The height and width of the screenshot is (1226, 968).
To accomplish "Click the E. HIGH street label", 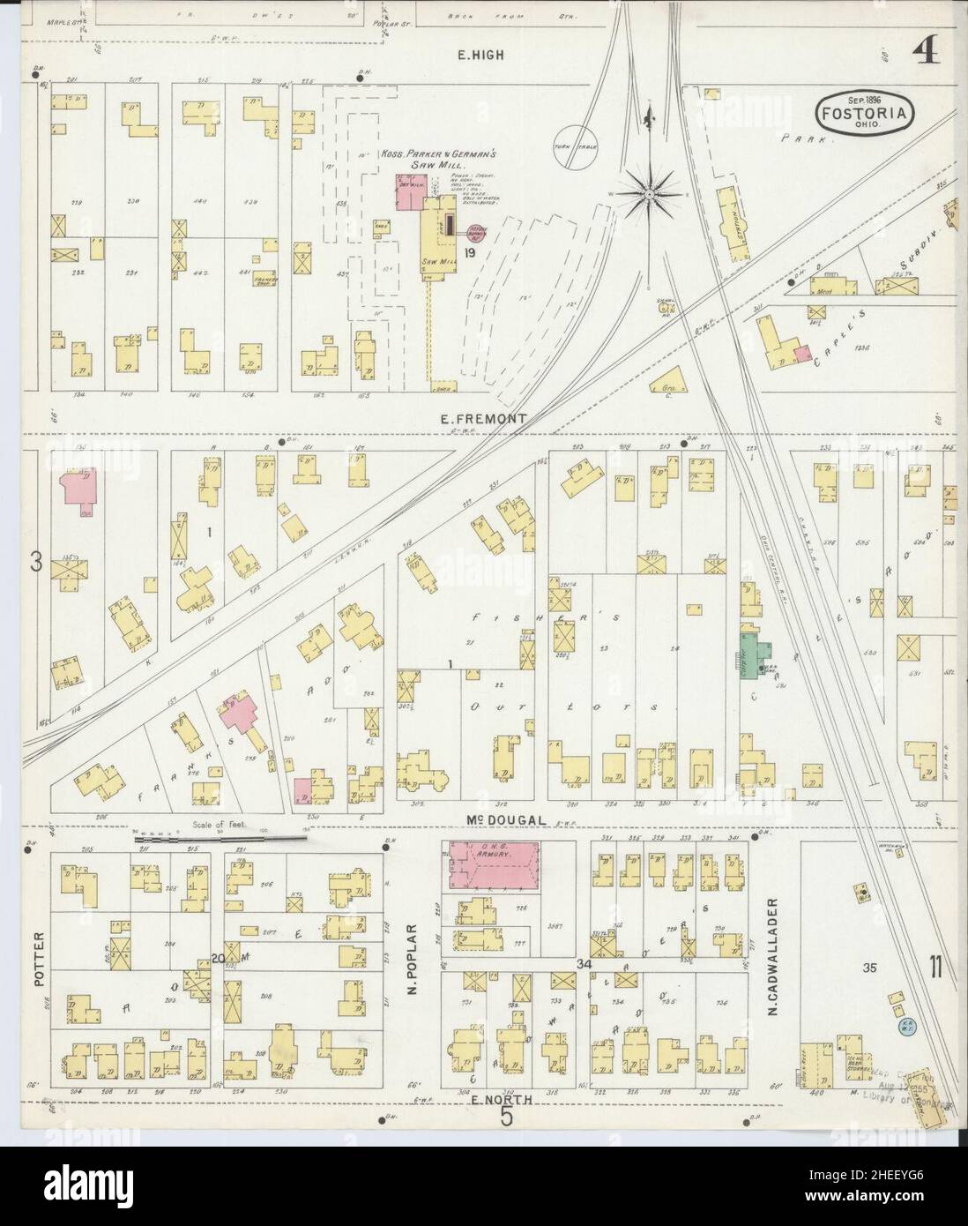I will tap(480, 79).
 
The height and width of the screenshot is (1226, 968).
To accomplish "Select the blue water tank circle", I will tap(905, 1027).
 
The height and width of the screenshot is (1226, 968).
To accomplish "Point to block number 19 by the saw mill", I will tap(472, 253).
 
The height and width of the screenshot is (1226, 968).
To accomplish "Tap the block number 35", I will tap(870, 968).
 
